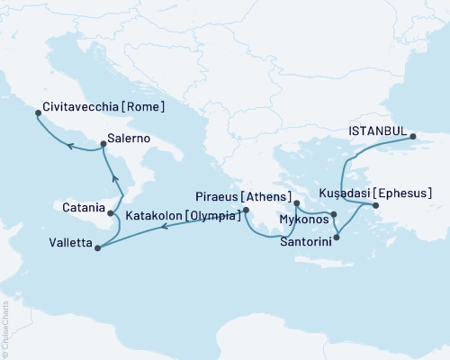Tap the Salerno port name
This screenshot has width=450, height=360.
click(128, 139)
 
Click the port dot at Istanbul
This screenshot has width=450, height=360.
click(413, 137)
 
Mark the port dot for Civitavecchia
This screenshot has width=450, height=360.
click(37, 113)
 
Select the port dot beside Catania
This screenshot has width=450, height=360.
click(111, 214)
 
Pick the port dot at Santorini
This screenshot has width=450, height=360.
click(336, 238)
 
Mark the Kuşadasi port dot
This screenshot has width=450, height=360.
click(376, 206)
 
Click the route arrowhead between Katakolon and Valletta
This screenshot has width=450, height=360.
click(165, 227)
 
